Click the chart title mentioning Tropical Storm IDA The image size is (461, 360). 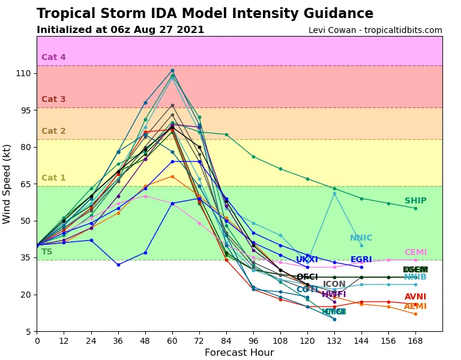205,14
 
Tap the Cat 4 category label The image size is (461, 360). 53,58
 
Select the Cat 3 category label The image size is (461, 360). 53,100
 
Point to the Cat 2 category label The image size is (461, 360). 53,131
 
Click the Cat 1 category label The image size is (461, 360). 53,178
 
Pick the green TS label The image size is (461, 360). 47,252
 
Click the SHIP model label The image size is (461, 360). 415,201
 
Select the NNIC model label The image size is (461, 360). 361,238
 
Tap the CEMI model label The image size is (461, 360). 415,253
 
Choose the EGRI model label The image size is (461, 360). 361,260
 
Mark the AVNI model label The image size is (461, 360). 415,297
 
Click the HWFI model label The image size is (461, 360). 334,295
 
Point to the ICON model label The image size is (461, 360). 334,284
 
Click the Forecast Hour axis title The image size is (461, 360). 239,353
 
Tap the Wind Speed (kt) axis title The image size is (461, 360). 7,184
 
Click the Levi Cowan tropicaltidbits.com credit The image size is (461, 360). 375,31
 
